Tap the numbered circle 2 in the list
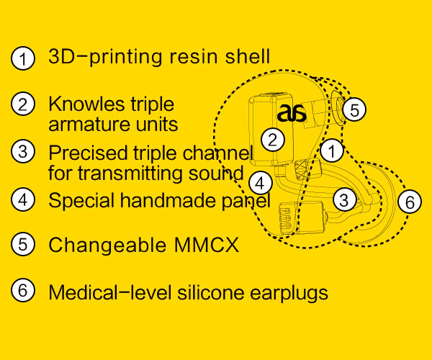23,104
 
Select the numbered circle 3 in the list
23,152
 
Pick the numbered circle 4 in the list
23,199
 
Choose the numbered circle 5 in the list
23,244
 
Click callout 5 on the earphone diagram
354,110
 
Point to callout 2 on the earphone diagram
271,139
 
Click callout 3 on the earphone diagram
345,199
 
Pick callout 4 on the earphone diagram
261,181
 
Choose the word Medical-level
104,292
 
